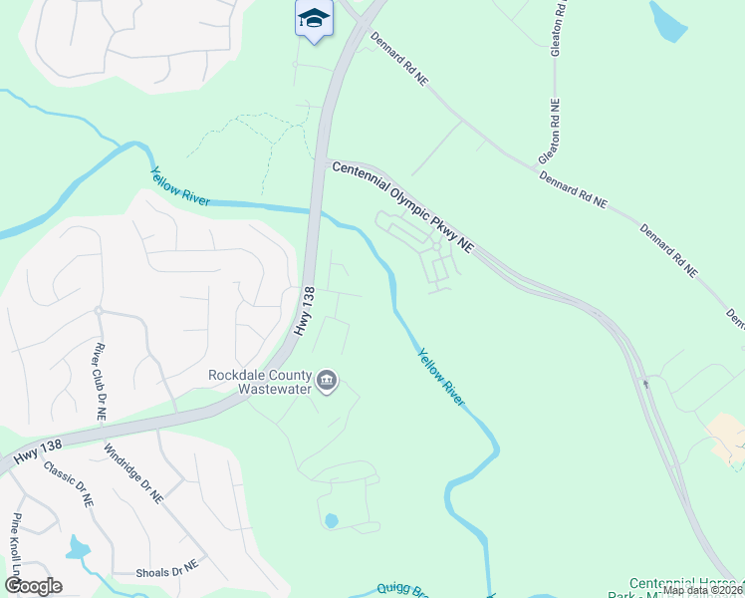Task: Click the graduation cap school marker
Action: pyautogui.click(x=314, y=19)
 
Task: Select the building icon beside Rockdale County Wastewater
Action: pyautogui.click(x=326, y=380)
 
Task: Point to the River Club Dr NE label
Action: pyautogui.click(x=100, y=381)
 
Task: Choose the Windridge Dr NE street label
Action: pyautogui.click(x=131, y=472)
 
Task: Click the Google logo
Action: pyautogui.click(x=33, y=586)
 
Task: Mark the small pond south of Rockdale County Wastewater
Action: pyautogui.click(x=331, y=520)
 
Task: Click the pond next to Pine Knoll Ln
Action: pyautogui.click(x=78, y=547)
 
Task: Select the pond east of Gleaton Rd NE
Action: pyautogui.click(x=667, y=21)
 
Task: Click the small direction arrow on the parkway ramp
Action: pyautogui.click(x=645, y=382)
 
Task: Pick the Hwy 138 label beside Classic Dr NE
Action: pyautogui.click(x=36, y=456)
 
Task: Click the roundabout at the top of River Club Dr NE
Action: pyautogui.click(x=99, y=310)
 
